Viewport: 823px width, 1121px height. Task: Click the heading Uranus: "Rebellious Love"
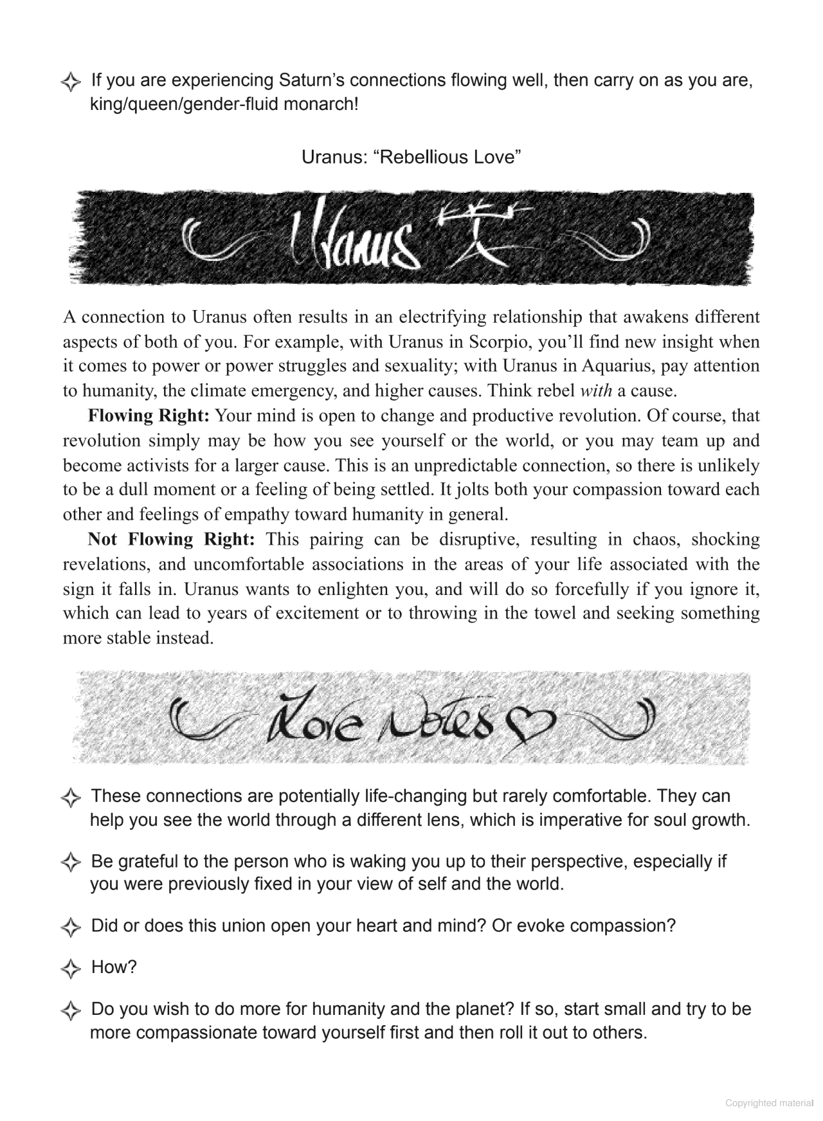pos(411,157)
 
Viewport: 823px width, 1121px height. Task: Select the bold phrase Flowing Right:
pos(149,415)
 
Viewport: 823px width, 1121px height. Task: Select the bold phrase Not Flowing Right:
pos(171,539)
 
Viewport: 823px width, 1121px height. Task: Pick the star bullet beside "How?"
pos(70,968)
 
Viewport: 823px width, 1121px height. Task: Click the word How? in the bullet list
pos(114,967)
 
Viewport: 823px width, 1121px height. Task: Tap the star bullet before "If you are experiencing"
pos(70,82)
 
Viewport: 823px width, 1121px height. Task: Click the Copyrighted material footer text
pos(769,1103)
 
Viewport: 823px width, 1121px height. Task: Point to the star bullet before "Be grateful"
pos(70,862)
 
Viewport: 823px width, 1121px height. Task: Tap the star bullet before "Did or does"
pos(70,927)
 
